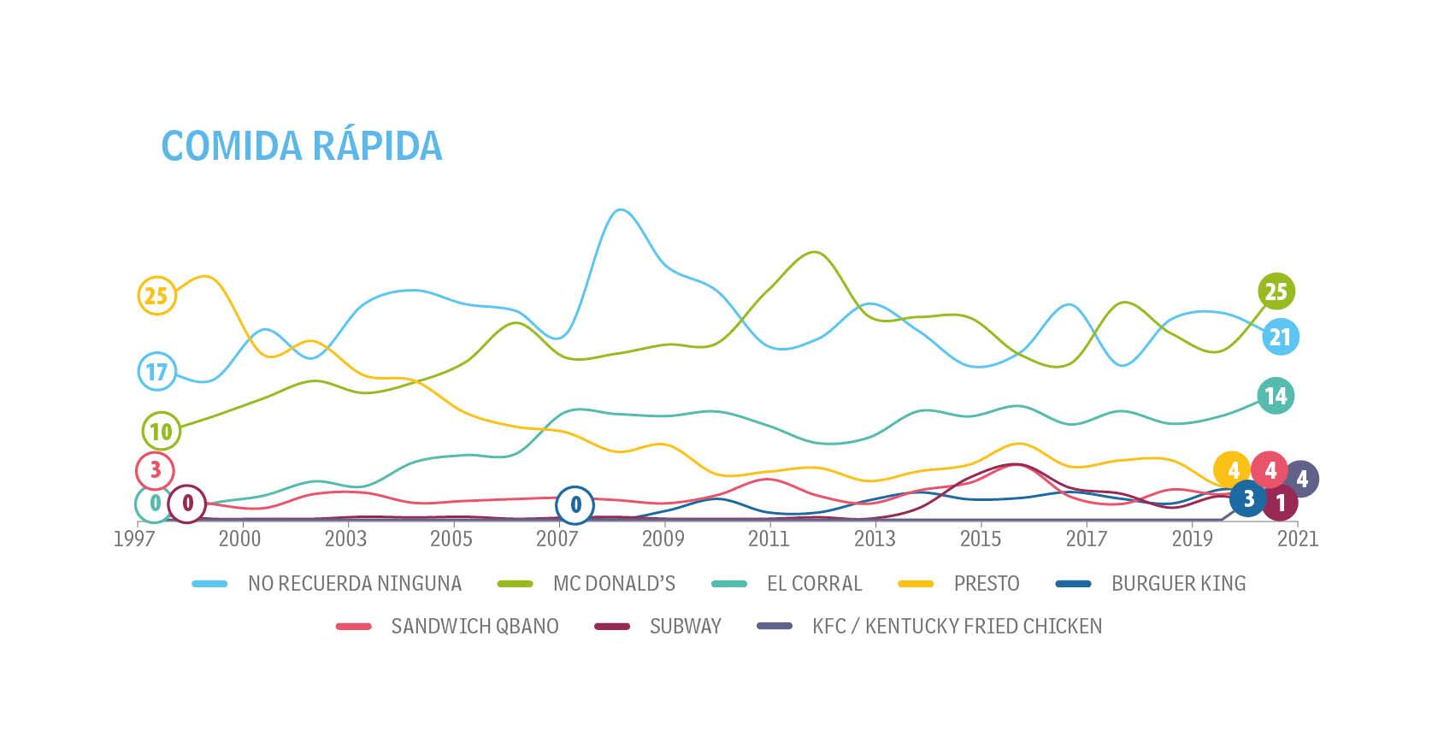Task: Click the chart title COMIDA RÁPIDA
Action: [x=301, y=145]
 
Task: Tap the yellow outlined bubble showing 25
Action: [x=156, y=296]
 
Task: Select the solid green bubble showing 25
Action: [x=1276, y=292]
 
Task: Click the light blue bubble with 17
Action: [x=156, y=372]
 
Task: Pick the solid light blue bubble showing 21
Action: [x=1279, y=337]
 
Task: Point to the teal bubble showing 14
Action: [x=1275, y=396]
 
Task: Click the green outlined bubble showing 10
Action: [x=161, y=432]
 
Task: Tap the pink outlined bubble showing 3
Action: [x=155, y=470]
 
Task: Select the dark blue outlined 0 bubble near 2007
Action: [x=575, y=505]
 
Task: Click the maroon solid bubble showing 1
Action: [x=1280, y=503]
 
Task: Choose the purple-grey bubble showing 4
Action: [x=1301, y=479]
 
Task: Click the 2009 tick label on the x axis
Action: [x=663, y=539]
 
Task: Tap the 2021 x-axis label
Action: [x=1297, y=539]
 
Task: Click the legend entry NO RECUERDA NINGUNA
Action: [x=354, y=584]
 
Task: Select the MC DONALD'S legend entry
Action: [x=613, y=584]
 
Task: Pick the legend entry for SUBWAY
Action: [x=685, y=627]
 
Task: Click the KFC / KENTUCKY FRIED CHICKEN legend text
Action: [x=956, y=627]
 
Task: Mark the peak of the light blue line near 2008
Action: [x=620, y=210]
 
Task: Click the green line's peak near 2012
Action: [x=814, y=252]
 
